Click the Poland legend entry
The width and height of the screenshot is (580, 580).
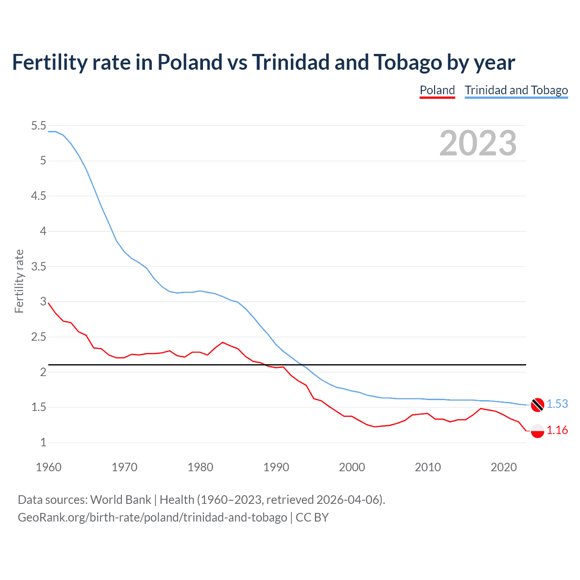click(x=437, y=90)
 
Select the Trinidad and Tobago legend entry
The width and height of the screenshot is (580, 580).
click(x=516, y=90)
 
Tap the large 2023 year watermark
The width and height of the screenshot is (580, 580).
click(x=478, y=143)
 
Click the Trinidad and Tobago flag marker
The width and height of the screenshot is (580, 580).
click(x=537, y=404)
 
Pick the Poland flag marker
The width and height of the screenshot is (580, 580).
click(x=537, y=430)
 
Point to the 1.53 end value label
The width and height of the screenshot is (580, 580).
click(x=557, y=404)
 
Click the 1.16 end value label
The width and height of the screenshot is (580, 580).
click(x=557, y=430)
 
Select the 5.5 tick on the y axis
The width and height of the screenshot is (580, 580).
click(x=39, y=126)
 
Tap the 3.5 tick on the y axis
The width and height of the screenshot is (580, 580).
click(x=39, y=266)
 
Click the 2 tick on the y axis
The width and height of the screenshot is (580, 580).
click(x=43, y=372)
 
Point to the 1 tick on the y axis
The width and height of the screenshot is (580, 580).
click(x=43, y=443)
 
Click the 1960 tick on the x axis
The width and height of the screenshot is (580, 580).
click(x=48, y=467)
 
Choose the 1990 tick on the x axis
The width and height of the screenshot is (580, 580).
click(x=276, y=467)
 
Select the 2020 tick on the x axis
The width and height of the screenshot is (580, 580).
click(x=503, y=467)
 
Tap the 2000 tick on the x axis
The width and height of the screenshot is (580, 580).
click(x=352, y=467)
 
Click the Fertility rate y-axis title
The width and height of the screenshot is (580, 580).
click(x=19, y=281)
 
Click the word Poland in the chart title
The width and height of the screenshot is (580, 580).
click(x=190, y=62)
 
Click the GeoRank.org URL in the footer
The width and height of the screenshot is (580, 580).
click(x=152, y=517)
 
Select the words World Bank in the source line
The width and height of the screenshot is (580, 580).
click(x=121, y=499)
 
